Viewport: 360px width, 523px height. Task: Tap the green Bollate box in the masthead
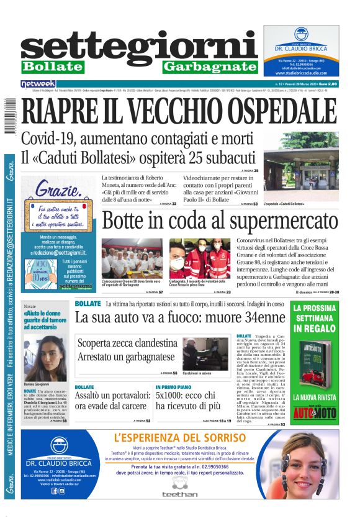click(x=52, y=66)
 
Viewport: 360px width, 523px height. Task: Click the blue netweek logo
click(x=38, y=83)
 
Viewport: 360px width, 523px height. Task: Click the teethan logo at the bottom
click(x=179, y=494)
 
